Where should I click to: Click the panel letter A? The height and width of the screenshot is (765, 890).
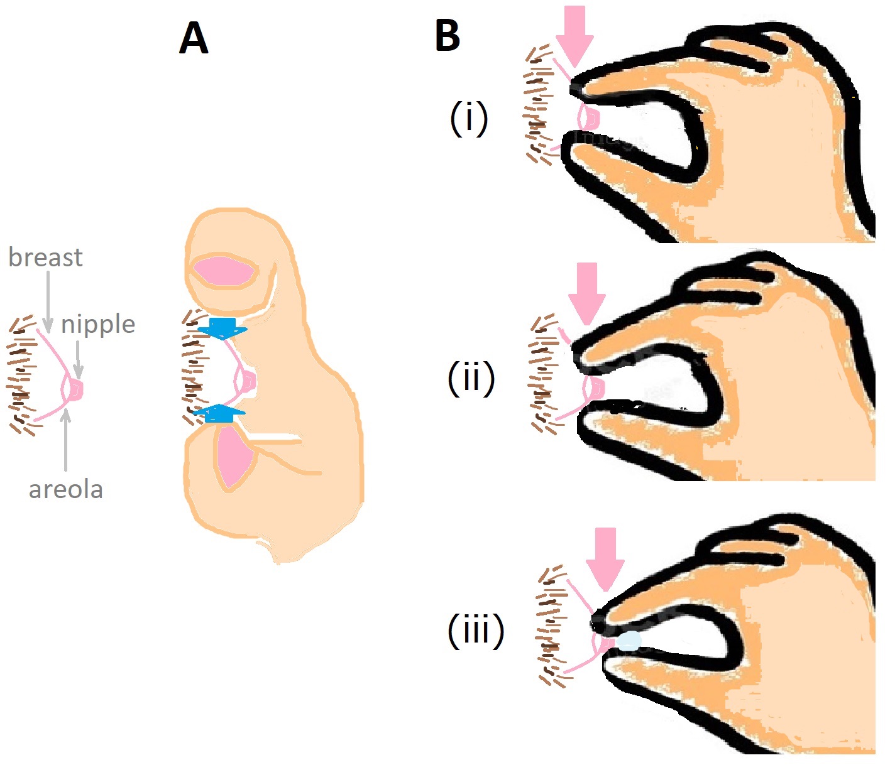[194, 38]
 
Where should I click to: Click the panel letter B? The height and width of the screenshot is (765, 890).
[447, 36]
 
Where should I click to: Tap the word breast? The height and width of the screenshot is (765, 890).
[45, 258]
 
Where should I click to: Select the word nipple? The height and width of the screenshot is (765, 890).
[98, 325]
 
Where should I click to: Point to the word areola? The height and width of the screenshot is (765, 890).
[66, 490]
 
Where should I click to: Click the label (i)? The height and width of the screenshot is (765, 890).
[469, 119]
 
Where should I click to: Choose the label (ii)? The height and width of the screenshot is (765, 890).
[471, 378]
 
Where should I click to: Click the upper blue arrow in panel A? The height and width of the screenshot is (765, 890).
[222, 328]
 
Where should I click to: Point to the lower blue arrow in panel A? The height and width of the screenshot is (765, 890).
[218, 413]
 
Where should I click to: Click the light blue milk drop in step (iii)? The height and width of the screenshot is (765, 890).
[629, 641]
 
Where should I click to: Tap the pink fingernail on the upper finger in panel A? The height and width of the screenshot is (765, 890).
[223, 272]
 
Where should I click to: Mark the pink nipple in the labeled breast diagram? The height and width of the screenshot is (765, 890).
[76, 390]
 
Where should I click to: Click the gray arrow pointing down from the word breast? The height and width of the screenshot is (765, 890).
[48, 301]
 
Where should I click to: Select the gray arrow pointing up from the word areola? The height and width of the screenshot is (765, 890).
[65, 440]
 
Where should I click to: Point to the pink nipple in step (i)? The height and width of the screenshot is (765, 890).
[591, 117]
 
